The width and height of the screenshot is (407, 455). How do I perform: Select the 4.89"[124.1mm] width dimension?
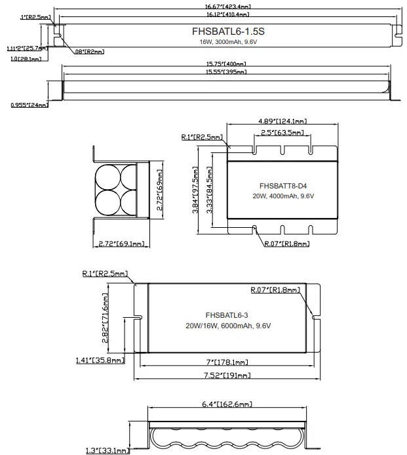point(282,121)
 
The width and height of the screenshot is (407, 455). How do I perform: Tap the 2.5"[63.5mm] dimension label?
point(282,133)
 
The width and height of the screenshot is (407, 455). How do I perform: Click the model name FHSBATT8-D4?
point(282,185)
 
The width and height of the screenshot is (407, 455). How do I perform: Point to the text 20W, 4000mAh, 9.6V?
point(283,196)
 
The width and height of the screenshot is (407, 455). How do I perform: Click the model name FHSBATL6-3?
point(226,314)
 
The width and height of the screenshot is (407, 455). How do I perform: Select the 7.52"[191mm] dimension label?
point(226,375)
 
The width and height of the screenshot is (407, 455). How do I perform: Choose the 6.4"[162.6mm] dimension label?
point(227,404)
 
